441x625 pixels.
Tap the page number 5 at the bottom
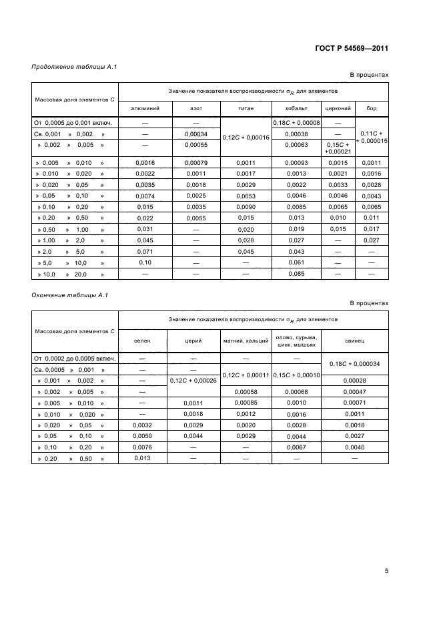pyautogui.click(x=386, y=571)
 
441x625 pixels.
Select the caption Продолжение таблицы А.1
pyautogui.click(x=65, y=66)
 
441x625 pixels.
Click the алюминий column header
pyautogui.click(x=144, y=108)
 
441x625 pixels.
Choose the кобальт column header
pyautogui.click(x=296, y=108)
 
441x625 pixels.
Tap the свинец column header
pyautogui.click(x=354, y=341)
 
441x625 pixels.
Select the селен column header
pyautogui.click(x=142, y=341)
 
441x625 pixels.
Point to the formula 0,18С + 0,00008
pyautogui.click(x=296, y=123)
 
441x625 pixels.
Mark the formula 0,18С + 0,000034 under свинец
pyautogui.click(x=354, y=364)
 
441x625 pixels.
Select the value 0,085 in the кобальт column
pyautogui.click(x=296, y=273)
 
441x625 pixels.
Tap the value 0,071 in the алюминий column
pyautogui.click(x=144, y=251)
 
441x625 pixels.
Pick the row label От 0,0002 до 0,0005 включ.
pyautogui.click(x=75, y=358)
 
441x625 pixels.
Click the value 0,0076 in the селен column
pyautogui.click(x=142, y=447)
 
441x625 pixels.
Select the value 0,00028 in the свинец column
pyautogui.click(x=354, y=380)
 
